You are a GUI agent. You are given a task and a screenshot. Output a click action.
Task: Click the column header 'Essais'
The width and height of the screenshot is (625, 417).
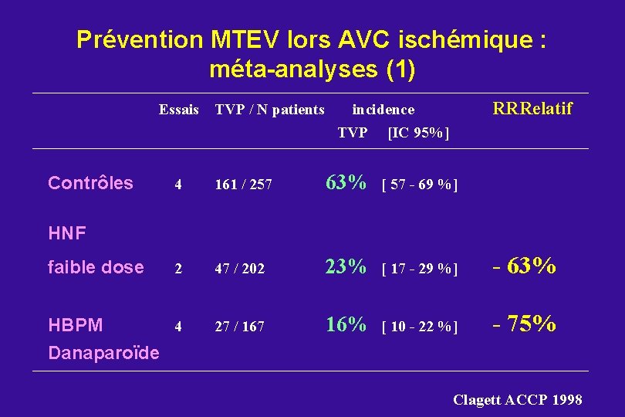pyautogui.click(x=179, y=110)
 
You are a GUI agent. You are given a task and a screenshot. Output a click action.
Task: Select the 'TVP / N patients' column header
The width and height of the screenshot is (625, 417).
pyautogui.click(x=269, y=110)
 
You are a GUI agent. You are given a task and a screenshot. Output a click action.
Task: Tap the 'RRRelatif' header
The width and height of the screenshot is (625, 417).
pyautogui.click(x=532, y=109)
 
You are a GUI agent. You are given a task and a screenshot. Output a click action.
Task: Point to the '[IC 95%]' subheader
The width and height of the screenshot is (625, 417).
pyautogui.click(x=418, y=133)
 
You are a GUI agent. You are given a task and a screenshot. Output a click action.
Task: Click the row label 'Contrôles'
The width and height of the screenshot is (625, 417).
pyautogui.click(x=90, y=183)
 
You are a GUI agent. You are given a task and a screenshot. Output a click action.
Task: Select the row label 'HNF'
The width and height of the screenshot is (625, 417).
pyautogui.click(x=67, y=232)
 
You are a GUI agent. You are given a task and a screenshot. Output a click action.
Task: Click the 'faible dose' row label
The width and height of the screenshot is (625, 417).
pyautogui.click(x=96, y=267)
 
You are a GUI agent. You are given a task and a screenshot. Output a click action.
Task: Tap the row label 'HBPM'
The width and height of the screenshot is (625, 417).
pyautogui.click(x=75, y=325)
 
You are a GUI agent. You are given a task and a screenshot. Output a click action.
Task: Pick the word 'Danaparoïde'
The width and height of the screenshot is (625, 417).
pyautogui.click(x=103, y=354)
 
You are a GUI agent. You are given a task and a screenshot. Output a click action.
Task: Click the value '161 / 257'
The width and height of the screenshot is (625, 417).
pyautogui.click(x=243, y=185)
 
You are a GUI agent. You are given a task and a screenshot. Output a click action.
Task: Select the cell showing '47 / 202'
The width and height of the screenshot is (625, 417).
pyautogui.click(x=239, y=269)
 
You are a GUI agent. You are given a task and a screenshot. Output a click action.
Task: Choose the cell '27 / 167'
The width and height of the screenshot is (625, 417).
pyautogui.click(x=239, y=327)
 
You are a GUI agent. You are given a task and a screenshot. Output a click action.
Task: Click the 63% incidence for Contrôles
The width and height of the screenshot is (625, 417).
pyautogui.click(x=346, y=183)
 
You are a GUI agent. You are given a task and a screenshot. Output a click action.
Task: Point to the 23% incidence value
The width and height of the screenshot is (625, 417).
pyautogui.click(x=346, y=267)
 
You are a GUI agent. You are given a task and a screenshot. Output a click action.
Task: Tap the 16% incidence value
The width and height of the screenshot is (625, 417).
pyautogui.click(x=346, y=325)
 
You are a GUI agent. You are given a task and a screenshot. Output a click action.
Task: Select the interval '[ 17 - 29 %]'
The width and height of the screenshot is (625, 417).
pyautogui.click(x=420, y=269)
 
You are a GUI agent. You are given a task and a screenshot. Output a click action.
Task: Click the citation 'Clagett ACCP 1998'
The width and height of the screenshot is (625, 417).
pyautogui.click(x=517, y=399)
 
